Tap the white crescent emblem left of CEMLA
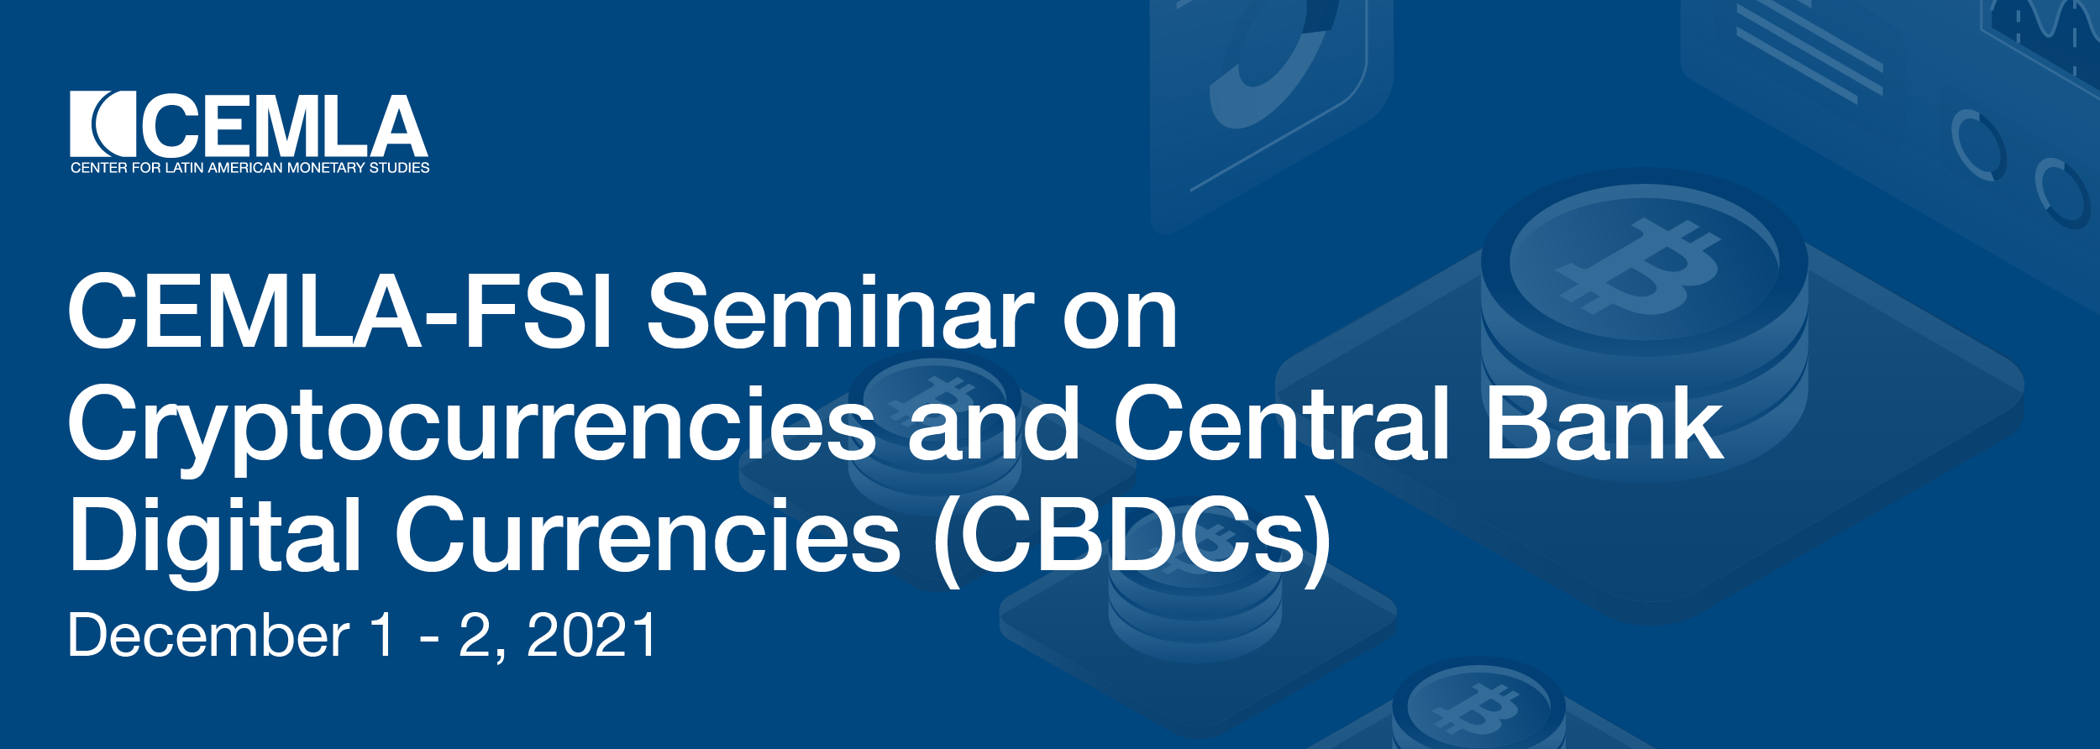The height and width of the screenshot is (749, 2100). [x=102, y=123]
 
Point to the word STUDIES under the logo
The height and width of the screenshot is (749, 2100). [x=400, y=168]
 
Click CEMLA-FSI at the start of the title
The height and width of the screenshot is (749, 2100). [x=340, y=311]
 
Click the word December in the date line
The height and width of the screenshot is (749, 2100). [x=209, y=636]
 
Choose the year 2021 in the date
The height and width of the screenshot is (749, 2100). [x=591, y=636]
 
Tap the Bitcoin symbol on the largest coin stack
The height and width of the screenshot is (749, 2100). [x=1639, y=266]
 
